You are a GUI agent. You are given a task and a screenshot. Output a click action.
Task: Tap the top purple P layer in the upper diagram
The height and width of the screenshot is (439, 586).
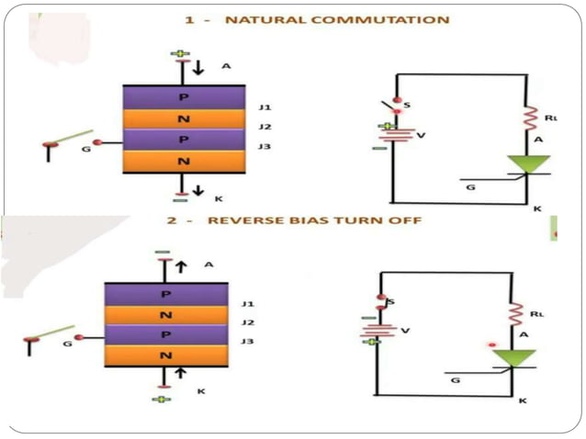click(x=184, y=97)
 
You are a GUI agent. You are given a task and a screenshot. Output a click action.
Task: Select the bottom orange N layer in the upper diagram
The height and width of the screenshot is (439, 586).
click(x=184, y=162)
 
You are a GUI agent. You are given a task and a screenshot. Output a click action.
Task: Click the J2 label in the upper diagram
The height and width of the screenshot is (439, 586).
click(x=265, y=127)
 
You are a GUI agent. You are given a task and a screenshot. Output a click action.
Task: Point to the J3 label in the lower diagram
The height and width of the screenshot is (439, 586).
click(x=247, y=342)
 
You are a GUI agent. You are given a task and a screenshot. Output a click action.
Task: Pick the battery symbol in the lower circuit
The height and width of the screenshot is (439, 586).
click(x=377, y=329)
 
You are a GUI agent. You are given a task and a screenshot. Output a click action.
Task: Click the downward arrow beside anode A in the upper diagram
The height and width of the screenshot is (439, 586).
click(x=199, y=68)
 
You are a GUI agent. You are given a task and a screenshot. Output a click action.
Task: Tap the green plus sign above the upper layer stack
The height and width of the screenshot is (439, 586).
click(x=180, y=54)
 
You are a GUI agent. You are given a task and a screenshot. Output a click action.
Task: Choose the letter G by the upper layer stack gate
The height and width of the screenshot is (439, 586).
click(x=86, y=148)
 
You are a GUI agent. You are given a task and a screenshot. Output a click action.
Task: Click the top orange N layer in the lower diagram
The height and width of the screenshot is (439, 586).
click(x=165, y=315)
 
